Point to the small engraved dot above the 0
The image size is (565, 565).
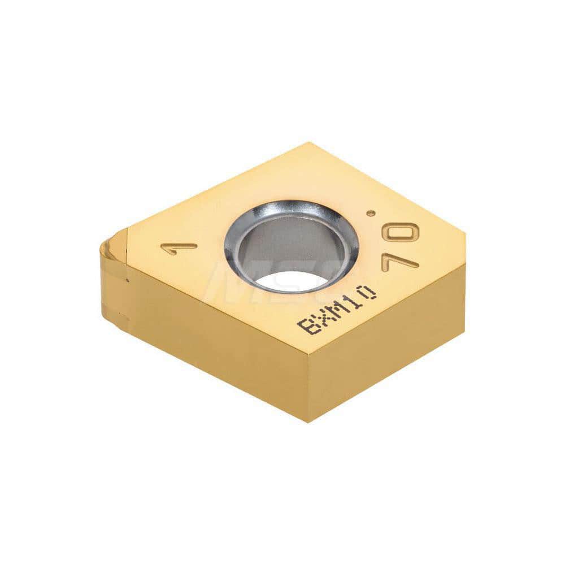371,213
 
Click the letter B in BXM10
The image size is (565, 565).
307,327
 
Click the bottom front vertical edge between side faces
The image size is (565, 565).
308,390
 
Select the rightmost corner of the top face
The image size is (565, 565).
464,232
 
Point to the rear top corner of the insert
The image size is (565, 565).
310,143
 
